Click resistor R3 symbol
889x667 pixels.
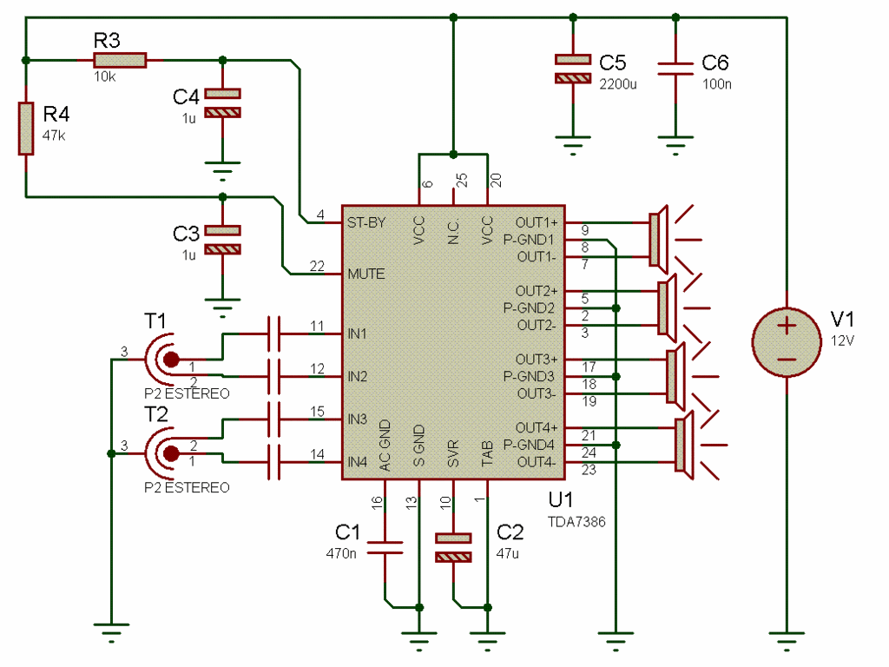120,60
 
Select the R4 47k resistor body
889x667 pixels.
26,129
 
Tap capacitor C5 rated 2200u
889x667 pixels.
572,69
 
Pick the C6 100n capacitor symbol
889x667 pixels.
675,69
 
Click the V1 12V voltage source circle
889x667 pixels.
786,339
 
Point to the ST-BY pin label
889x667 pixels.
365,222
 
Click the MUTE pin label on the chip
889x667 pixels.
365,274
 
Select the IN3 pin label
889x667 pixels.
358,419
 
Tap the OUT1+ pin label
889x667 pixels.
537,221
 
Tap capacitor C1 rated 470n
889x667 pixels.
385,547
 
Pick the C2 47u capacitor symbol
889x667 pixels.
453,547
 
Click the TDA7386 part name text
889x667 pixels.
576,523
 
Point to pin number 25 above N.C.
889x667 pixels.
462,181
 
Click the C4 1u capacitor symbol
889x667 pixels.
223,102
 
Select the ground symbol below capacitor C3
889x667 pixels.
223,303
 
